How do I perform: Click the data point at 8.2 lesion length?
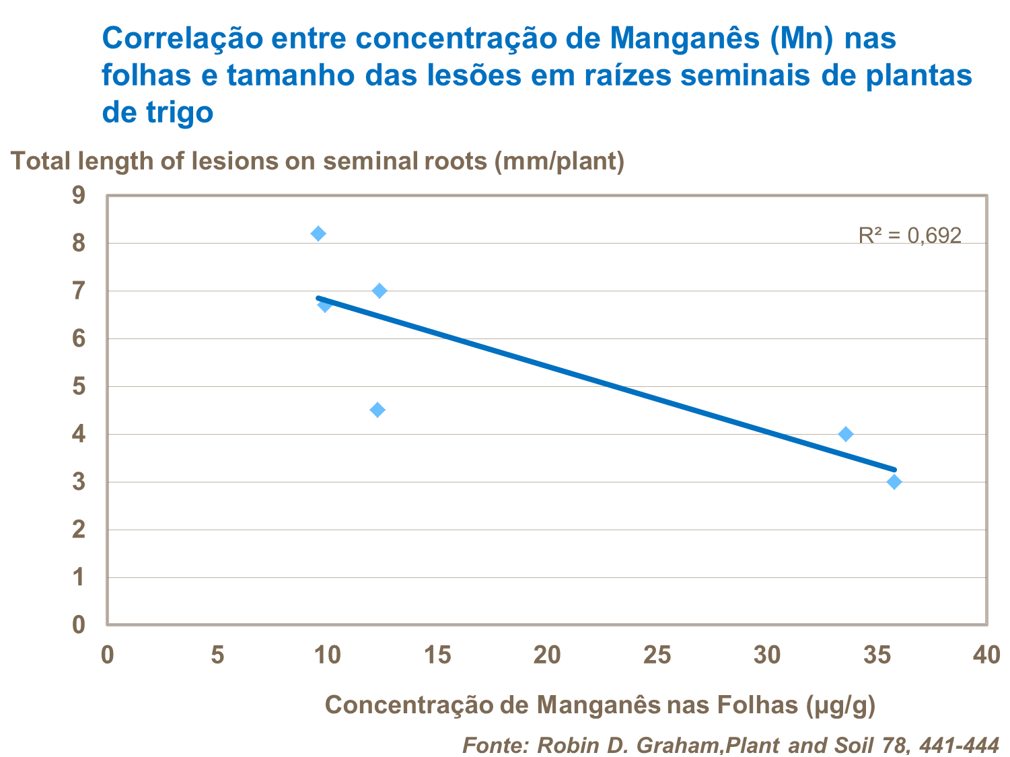click(x=318, y=233)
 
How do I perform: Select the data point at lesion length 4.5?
click(x=377, y=410)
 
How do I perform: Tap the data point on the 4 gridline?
click(x=846, y=434)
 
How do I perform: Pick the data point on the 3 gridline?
click(x=894, y=482)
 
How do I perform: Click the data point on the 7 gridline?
click(x=380, y=291)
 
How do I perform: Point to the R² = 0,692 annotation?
click(x=910, y=236)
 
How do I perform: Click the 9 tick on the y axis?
click(x=79, y=196)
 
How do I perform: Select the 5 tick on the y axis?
click(x=79, y=387)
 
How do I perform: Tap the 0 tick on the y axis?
click(x=79, y=625)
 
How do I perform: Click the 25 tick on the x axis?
click(x=658, y=655)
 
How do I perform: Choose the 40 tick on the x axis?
click(x=987, y=655)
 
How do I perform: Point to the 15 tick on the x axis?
click(x=438, y=655)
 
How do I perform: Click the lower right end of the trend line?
click(x=894, y=469)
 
